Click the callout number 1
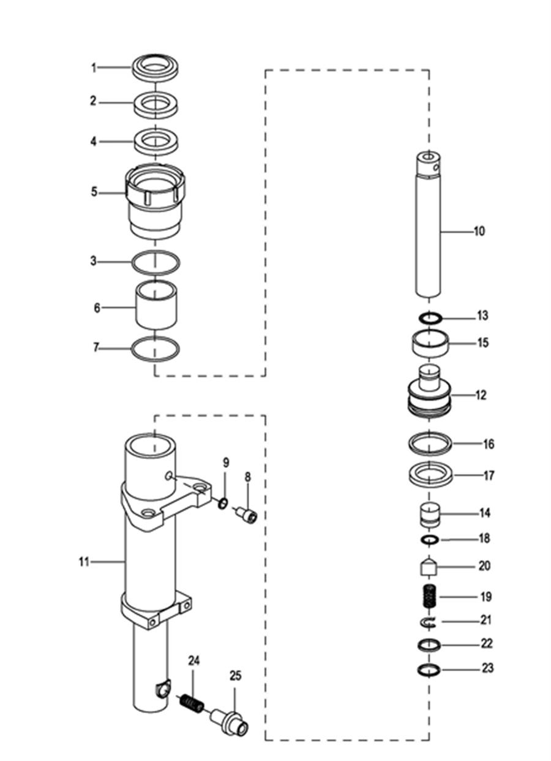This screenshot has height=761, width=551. (x=94, y=68)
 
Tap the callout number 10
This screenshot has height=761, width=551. (x=479, y=232)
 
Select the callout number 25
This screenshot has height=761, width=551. (x=235, y=675)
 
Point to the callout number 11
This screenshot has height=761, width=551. (x=84, y=562)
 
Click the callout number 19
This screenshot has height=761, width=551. (x=486, y=597)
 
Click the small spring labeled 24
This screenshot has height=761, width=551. (x=192, y=703)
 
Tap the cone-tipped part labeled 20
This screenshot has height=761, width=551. (x=429, y=566)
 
